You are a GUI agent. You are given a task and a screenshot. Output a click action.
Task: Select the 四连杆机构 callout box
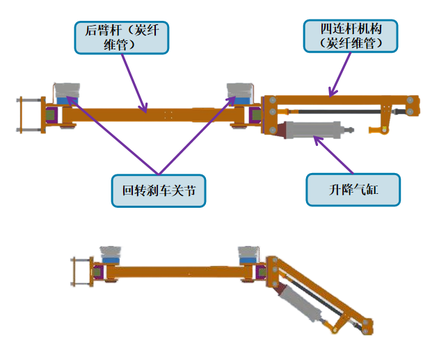tap(351, 36)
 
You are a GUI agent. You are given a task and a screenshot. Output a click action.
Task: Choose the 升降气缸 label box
tap(354, 188)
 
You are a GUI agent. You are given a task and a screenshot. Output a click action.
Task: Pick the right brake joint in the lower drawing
tap(248, 254)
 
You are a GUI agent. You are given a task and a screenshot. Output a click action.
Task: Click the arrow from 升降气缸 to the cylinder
tap(334, 154)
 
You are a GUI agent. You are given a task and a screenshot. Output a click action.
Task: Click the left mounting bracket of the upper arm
tap(26, 114)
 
